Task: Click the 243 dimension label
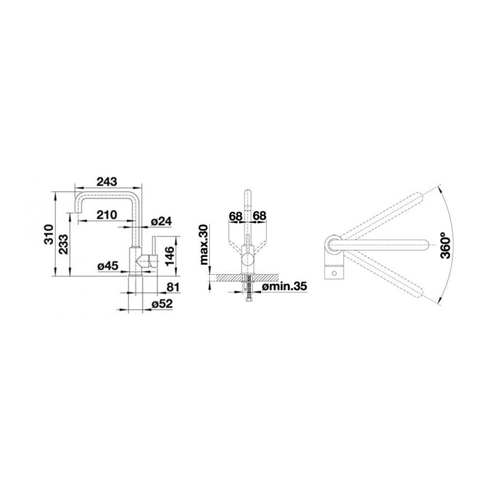pyautogui.click(x=107, y=181)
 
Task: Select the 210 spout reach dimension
pyautogui.click(x=107, y=215)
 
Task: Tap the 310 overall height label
pyautogui.click(x=49, y=234)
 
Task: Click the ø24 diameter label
pyautogui.click(x=162, y=222)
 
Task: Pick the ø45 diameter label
pyautogui.click(x=108, y=266)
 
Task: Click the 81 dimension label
pyautogui.click(x=173, y=287)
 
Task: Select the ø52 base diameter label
pyautogui.click(x=162, y=304)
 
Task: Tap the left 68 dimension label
pyautogui.click(x=236, y=216)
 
